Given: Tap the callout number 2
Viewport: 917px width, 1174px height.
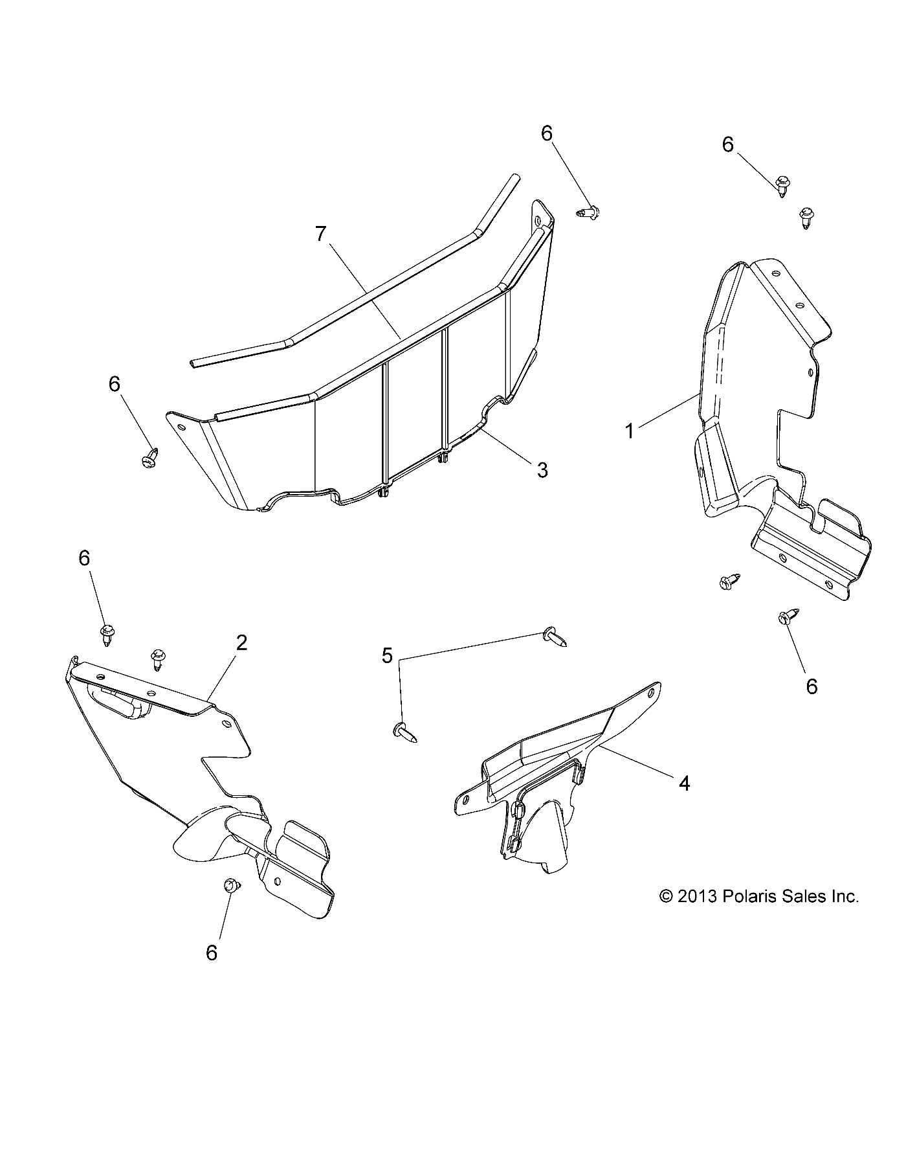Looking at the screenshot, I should pos(241,643).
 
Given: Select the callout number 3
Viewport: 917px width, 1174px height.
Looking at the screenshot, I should pos(542,469).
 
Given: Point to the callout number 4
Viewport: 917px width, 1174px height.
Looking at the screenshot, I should pos(684,784).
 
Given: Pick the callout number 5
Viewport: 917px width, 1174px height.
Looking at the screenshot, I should pos(387,656).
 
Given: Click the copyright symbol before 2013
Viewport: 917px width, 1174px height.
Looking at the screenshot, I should pos(667,897).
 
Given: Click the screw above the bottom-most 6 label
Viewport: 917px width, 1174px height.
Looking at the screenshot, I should pos(230,886).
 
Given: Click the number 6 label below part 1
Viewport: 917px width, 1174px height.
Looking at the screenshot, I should pos(812,686).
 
